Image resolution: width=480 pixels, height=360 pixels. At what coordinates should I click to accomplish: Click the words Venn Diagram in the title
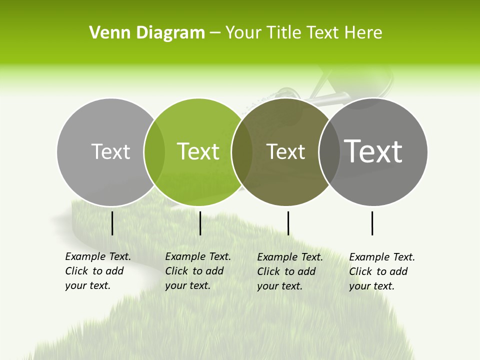coord(147,33)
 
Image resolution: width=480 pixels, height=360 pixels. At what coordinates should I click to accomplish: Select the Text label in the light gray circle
coord(110,151)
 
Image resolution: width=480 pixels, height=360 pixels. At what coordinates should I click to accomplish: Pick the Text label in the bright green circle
coord(198,151)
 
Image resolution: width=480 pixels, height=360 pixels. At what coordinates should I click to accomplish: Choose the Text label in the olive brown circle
coord(285,151)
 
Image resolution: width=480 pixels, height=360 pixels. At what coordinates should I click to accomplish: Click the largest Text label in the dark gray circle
coord(373,151)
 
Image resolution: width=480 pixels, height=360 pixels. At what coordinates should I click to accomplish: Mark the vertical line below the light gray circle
coord(112,223)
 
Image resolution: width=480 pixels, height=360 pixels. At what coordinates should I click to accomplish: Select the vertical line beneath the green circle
coord(200,223)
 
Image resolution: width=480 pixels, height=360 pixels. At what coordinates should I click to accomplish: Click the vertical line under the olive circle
coord(288,223)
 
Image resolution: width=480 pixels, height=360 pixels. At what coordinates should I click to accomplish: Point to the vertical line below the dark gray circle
coord(372,223)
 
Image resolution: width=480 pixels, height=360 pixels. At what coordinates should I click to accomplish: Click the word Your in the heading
coord(243,33)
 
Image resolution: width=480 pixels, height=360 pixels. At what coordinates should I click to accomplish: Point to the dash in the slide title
coord(214,33)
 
